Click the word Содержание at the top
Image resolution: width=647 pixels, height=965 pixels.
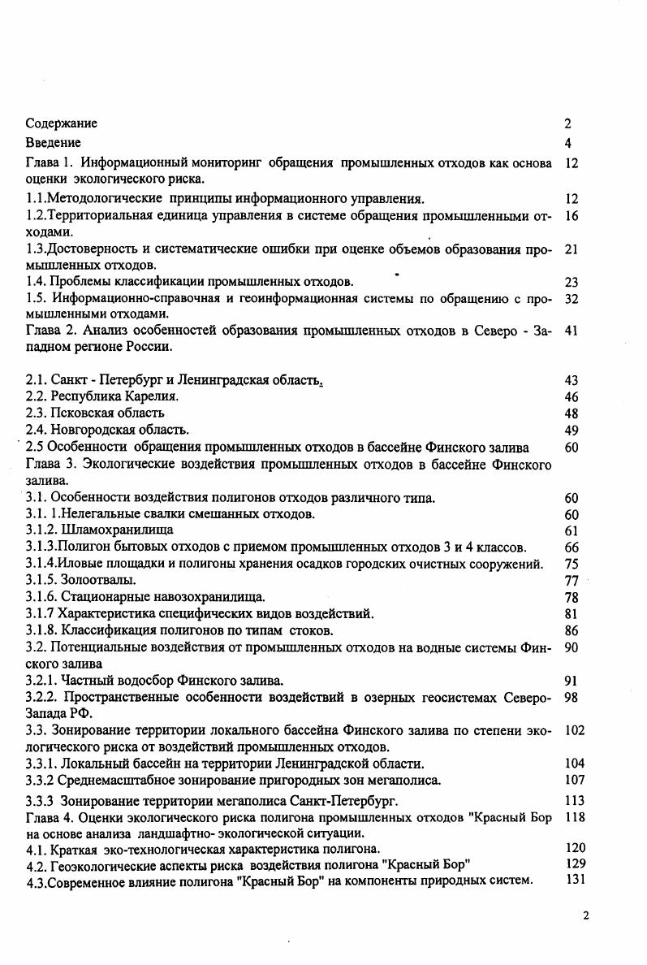61,123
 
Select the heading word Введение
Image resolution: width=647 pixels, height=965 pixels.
53,143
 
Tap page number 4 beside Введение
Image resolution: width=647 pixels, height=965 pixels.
568,143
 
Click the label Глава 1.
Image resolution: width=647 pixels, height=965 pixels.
50,163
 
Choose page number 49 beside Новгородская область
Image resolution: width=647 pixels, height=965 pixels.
571,430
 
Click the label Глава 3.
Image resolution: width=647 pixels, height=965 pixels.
50,465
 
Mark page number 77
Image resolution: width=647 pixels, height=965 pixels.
571,580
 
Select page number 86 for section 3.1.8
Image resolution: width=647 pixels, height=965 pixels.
571,630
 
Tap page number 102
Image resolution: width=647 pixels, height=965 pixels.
574,730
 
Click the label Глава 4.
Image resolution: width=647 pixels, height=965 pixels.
50,817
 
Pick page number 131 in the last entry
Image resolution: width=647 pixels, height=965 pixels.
574,881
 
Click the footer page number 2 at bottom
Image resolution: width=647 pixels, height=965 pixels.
586,915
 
